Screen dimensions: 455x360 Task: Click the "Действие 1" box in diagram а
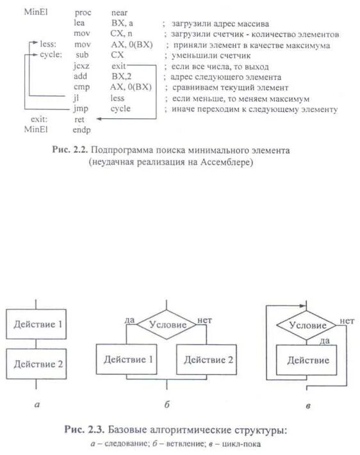coord(38,324)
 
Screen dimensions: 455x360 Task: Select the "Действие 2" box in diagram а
coord(38,364)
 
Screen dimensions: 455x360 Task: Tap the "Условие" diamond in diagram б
coord(168,324)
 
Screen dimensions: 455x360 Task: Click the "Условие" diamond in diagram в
coord(307,324)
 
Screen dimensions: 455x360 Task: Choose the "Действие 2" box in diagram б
coord(208,360)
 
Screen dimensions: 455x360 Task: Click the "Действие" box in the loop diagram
coord(307,360)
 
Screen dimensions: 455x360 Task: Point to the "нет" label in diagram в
coord(347,321)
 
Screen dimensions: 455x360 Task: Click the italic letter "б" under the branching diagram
coord(167,404)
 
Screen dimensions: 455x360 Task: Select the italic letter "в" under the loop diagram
coord(309,405)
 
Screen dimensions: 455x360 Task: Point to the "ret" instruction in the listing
coord(79,119)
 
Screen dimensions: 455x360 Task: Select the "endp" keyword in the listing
coord(82,129)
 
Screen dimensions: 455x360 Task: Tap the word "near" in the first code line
coord(119,12)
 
